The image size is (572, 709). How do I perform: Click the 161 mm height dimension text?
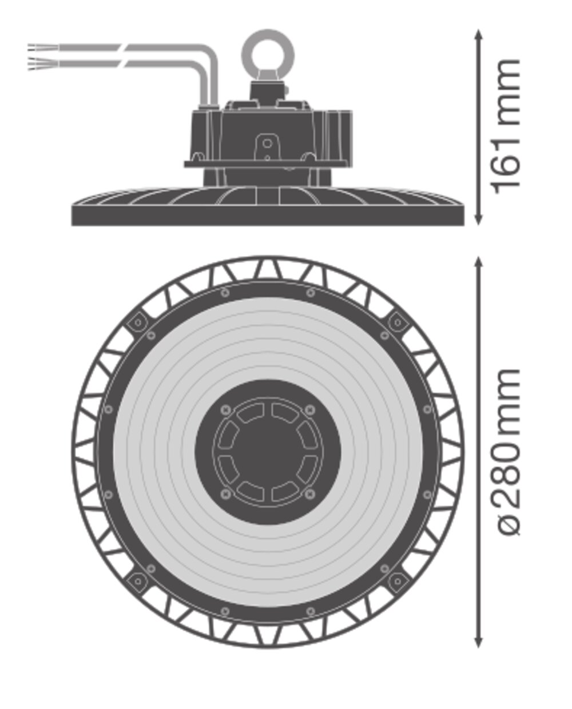(507, 126)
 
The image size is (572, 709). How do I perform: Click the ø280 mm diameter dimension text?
(507, 452)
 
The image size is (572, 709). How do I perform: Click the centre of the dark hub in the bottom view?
(268, 452)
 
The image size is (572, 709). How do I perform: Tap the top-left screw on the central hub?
(225, 409)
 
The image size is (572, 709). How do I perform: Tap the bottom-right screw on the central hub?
(310, 493)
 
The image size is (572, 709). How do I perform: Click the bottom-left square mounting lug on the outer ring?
(137, 581)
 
